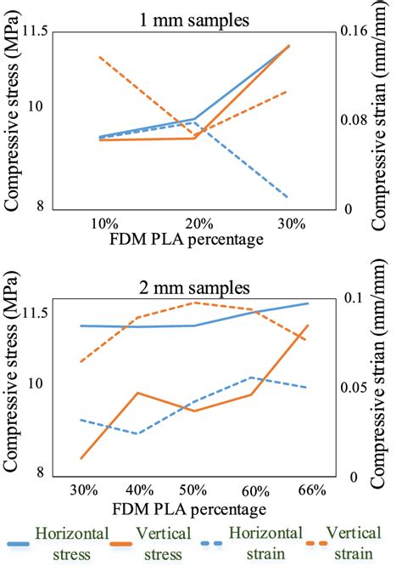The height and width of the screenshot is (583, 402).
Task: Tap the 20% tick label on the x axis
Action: pyautogui.click(x=198, y=224)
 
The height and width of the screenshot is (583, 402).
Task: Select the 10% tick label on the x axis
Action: pyautogui.click(x=103, y=224)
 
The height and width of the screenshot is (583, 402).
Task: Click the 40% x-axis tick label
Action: pyautogui.click(x=139, y=490)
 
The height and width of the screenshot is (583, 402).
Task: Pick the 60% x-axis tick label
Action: pyautogui.click(x=252, y=490)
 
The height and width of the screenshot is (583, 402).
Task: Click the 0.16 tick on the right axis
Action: pyautogui.click(x=359, y=31)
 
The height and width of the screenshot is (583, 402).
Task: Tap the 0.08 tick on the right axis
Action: pyautogui.click(x=359, y=121)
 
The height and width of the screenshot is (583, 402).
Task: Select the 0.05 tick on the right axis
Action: pyautogui.click(x=359, y=388)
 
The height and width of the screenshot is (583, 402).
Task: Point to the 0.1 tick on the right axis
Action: pyautogui.click(x=355, y=298)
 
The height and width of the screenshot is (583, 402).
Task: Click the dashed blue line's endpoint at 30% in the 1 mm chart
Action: pyautogui.click(x=289, y=197)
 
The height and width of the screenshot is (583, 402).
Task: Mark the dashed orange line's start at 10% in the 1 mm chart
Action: pyautogui.click(x=101, y=57)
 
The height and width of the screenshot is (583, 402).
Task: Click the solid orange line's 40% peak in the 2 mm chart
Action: pyautogui.click(x=139, y=393)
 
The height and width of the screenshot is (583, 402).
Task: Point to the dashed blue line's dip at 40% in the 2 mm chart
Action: pyautogui.click(x=139, y=433)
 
